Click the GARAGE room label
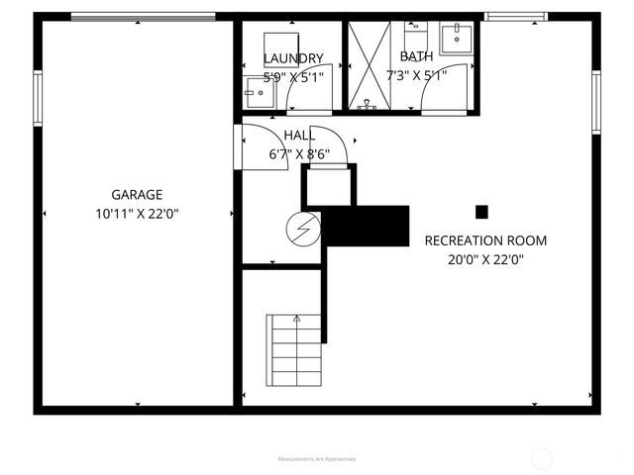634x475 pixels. click(x=137, y=195)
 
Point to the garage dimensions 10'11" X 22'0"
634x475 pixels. click(x=137, y=213)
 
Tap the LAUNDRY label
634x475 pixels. click(x=293, y=58)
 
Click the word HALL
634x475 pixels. click(x=299, y=136)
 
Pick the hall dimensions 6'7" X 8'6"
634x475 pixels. click(x=299, y=153)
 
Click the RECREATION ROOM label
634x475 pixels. click(x=485, y=240)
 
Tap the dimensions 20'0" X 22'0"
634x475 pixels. click(x=485, y=259)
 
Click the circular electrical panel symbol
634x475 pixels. click(x=303, y=230)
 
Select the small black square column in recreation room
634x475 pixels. click(x=482, y=211)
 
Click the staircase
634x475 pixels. click(x=294, y=350)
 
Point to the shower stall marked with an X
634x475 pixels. click(x=367, y=64)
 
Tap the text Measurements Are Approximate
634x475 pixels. click(x=317, y=459)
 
